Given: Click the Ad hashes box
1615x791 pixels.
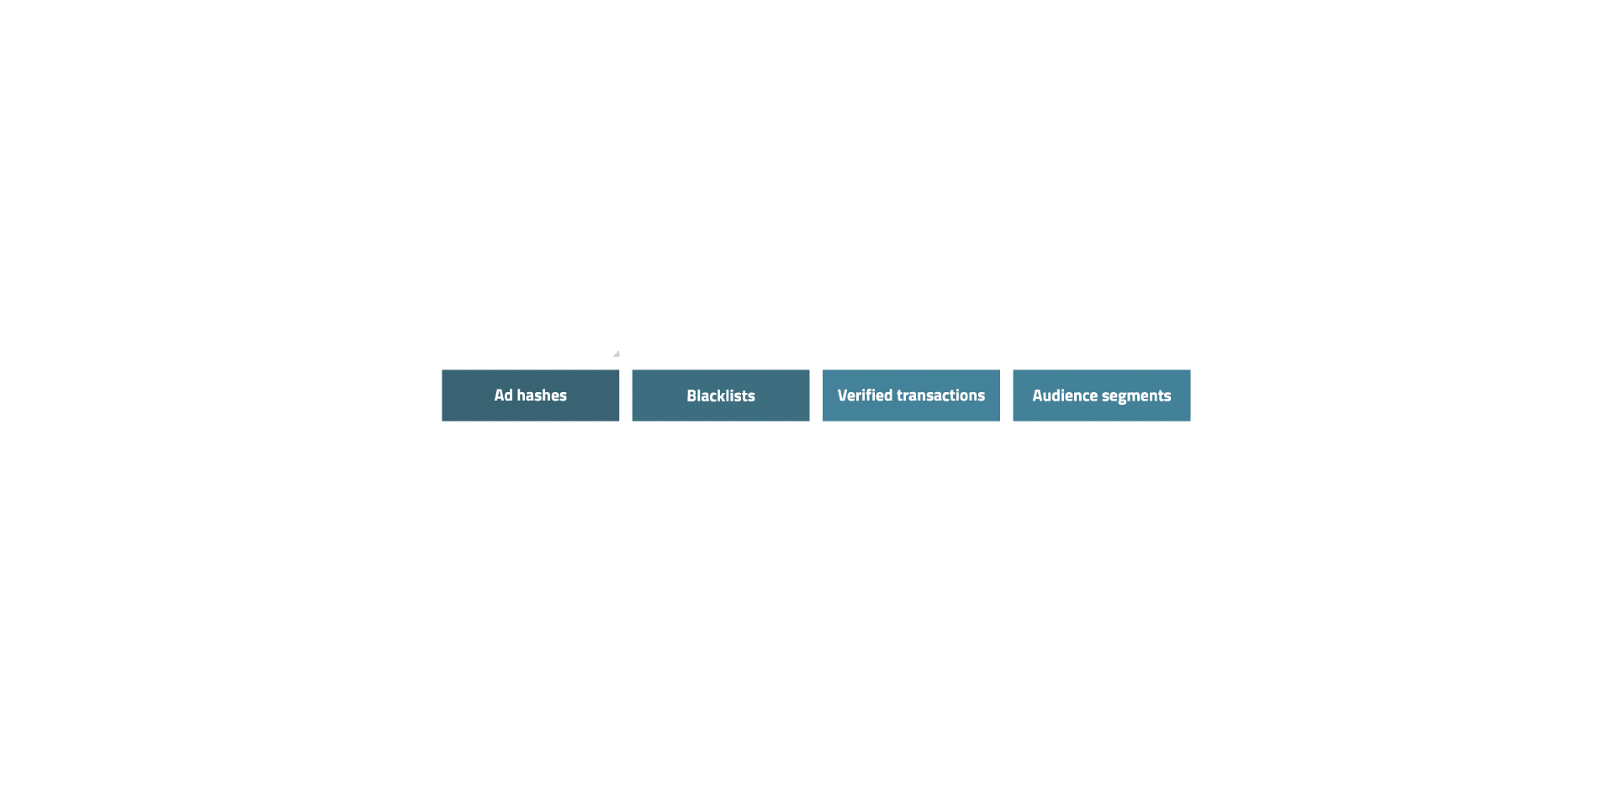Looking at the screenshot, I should coord(530,395).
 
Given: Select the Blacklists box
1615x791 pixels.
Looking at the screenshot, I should coord(721,395).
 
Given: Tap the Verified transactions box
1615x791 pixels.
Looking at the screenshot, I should coord(911,395).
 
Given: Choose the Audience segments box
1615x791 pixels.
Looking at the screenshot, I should coord(1101,395).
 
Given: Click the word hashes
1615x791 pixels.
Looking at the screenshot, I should coord(542,395).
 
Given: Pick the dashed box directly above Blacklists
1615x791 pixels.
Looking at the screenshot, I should coord(721,331).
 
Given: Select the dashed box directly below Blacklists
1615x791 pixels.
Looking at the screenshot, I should coord(721,460).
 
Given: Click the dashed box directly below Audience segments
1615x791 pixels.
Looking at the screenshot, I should coord(1101,460).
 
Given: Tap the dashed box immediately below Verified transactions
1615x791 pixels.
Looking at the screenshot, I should coord(911,460).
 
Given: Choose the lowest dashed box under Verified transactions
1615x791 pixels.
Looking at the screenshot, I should coord(911,524).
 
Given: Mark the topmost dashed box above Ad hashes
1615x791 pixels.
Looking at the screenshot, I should coord(530,266).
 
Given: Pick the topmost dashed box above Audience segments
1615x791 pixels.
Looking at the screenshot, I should coord(1101,266).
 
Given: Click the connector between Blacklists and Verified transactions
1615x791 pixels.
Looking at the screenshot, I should coord(816,395).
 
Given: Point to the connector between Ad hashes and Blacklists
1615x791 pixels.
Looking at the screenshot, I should coord(626,395).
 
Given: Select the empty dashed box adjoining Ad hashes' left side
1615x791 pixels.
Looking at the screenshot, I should coord(340,395).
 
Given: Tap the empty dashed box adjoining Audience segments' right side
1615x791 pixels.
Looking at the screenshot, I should coord(1292,395).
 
